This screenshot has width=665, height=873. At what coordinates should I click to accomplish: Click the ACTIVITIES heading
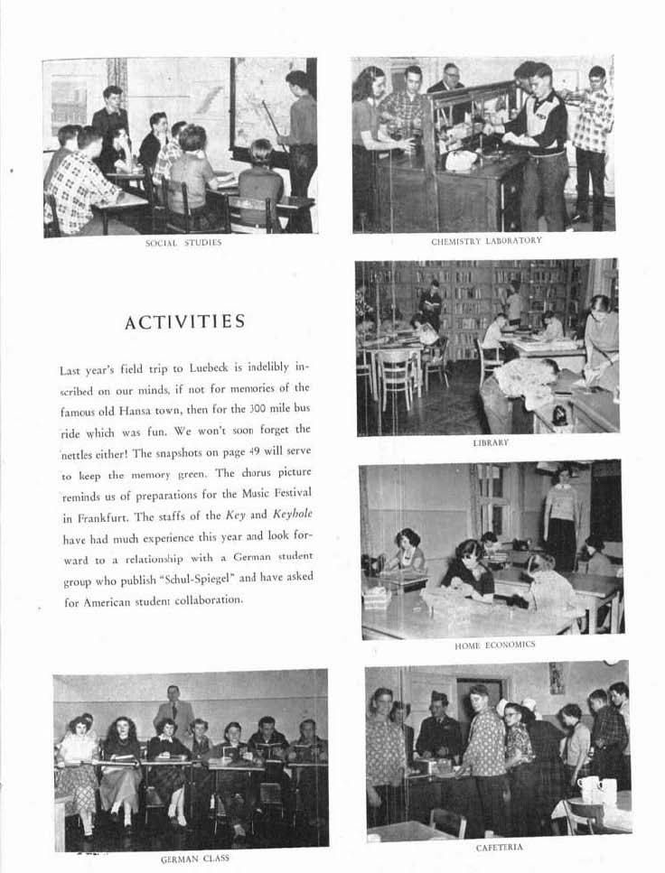click(x=184, y=322)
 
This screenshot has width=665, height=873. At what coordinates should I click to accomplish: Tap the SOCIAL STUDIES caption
click(x=183, y=243)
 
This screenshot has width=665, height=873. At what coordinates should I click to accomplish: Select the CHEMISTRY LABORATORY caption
click(x=486, y=241)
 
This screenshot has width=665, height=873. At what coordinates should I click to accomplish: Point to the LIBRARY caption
click(x=491, y=443)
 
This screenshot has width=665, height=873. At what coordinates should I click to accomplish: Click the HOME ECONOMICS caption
click(x=494, y=645)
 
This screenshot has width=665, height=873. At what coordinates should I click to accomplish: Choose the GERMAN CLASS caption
click(x=194, y=859)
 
